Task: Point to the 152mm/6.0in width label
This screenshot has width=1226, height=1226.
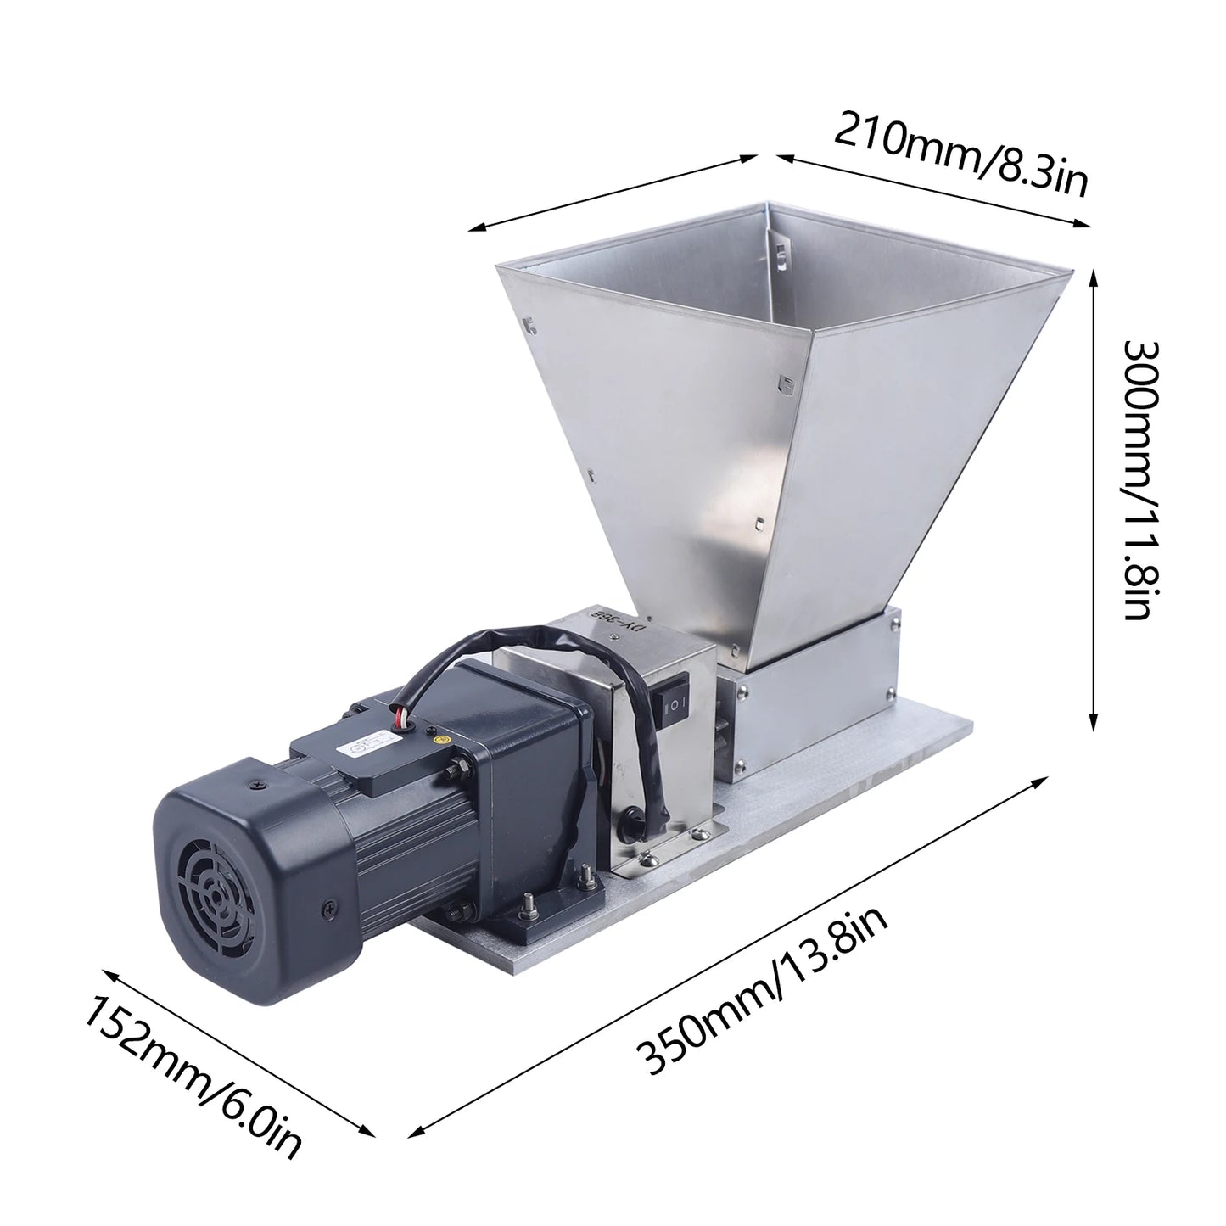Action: pyautogui.click(x=192, y=1078)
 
